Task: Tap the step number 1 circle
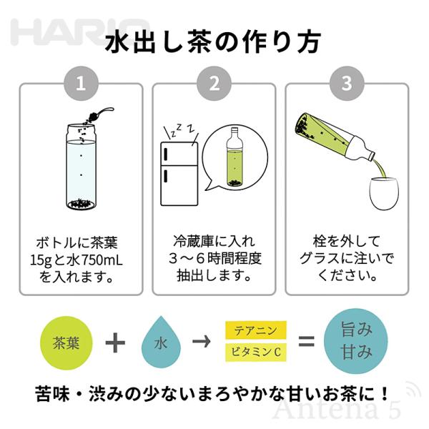coord(81,84)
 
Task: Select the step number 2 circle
coord(214,84)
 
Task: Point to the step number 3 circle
coord(347,84)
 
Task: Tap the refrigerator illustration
coord(179,174)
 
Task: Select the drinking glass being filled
coord(384,194)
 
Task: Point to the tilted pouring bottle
coord(336,137)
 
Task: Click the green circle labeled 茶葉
coord(66,342)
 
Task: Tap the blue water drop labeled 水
coord(161,342)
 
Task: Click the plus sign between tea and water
coord(115,342)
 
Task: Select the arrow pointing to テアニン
coord(202,342)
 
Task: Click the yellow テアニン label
coord(256,330)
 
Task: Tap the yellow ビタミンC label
coord(256,352)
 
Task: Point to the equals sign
coord(307,342)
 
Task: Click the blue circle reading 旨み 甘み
coord(356,341)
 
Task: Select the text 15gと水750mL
coord(76,260)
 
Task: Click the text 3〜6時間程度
coord(214,259)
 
